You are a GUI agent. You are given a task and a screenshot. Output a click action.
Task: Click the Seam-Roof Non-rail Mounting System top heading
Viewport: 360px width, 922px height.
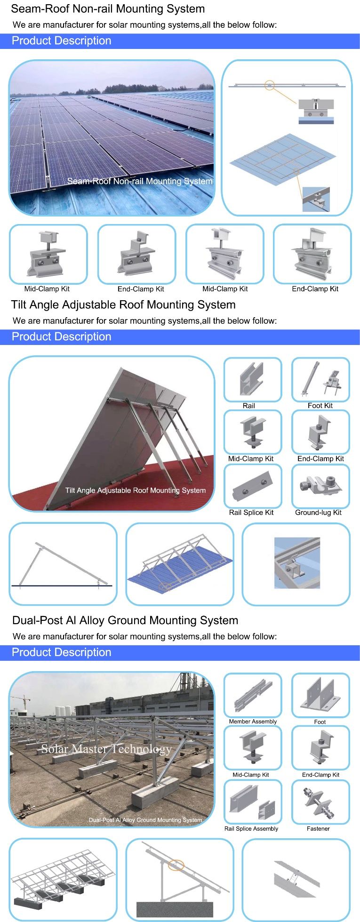108,8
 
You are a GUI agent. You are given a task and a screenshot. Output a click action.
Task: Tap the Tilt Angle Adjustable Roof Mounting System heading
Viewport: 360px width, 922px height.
123,305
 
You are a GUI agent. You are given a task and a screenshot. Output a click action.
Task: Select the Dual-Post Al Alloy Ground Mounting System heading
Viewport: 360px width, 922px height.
125,620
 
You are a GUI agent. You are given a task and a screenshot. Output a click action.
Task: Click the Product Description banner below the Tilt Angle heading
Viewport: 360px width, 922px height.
62,337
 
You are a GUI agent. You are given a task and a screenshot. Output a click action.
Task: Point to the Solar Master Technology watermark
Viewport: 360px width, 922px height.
106,749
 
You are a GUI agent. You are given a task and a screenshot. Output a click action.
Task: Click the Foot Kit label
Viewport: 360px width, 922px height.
320,405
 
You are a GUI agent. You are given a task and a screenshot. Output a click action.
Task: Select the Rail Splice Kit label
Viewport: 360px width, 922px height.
251,513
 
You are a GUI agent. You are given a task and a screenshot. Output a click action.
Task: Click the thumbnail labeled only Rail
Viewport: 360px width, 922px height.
253,379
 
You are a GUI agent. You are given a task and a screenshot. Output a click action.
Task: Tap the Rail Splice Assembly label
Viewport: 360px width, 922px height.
251,828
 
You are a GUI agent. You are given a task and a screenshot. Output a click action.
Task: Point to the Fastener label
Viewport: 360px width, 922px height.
318,828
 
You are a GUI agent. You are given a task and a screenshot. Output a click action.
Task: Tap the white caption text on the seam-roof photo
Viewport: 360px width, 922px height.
140,181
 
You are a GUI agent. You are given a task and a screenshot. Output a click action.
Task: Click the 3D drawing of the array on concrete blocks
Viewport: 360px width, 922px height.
63,880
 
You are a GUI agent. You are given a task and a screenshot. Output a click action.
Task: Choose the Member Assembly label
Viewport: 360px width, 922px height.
253,722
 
